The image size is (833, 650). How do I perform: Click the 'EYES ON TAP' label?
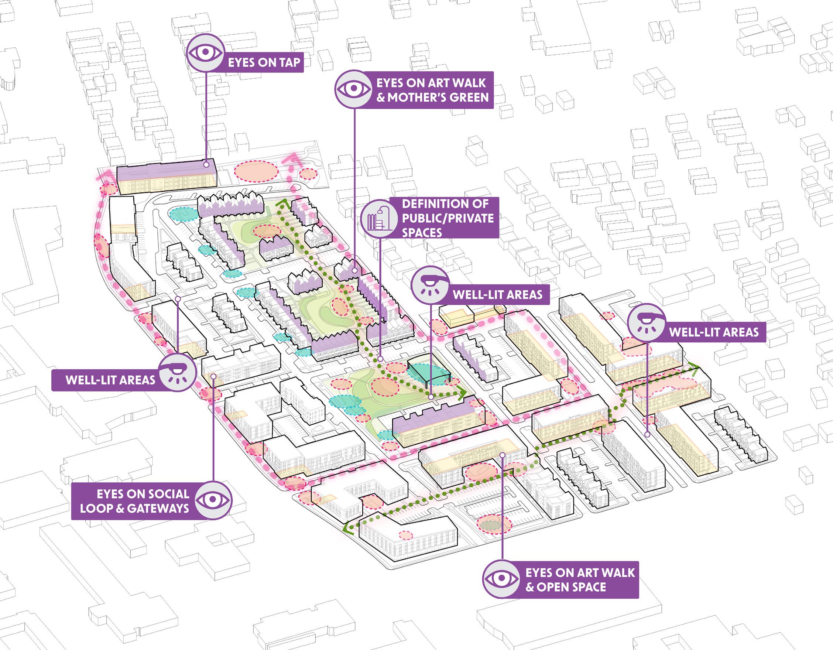264,62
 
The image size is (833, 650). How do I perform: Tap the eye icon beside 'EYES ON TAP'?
206,53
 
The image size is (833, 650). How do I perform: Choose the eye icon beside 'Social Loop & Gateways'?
213,500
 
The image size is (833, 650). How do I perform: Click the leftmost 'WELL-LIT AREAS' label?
111,380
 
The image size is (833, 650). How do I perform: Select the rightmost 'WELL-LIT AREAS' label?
714,332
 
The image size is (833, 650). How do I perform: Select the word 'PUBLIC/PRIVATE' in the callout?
448,218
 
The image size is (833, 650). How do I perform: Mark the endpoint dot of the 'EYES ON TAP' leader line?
206,165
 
